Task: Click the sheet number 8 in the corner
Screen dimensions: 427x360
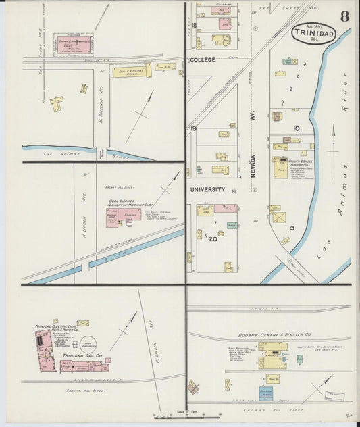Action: [344, 17]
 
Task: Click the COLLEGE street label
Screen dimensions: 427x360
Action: [203, 60]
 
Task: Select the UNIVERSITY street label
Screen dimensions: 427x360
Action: [207, 189]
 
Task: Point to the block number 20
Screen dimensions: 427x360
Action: [213, 239]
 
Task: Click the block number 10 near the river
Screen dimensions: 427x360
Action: [295, 128]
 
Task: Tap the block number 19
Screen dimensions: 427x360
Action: [193, 128]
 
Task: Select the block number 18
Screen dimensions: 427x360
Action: [193, 25]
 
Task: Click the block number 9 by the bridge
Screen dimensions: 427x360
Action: [292, 228]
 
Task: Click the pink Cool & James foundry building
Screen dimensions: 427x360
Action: [123, 218]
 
